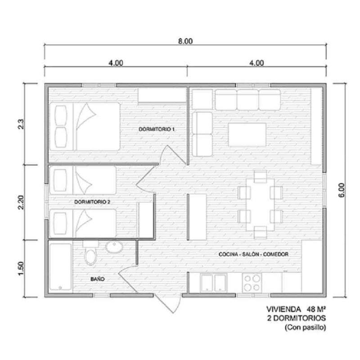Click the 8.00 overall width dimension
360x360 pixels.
[x=185, y=41]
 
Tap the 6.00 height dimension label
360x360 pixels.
[x=342, y=190]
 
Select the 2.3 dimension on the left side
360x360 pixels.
[x=21, y=124]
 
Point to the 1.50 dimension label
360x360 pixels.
[x=21, y=268]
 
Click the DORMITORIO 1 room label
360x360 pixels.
[x=157, y=129]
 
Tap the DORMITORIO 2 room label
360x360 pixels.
[x=92, y=202]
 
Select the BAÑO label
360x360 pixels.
[x=98, y=279]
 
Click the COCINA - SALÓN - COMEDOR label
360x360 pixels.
[x=253, y=254]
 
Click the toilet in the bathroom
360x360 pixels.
[x=90, y=252]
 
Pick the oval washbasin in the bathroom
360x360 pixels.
[x=114, y=247]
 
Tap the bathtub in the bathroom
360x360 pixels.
[x=61, y=267]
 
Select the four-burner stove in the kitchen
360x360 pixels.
[x=252, y=283]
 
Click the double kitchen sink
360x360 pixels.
[x=213, y=283]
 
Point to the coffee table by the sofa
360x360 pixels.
[x=247, y=135]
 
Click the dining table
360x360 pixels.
[x=260, y=205]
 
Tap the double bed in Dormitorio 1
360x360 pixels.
[x=85, y=126]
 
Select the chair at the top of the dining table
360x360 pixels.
[x=261, y=176]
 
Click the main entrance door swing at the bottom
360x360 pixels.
[x=168, y=303]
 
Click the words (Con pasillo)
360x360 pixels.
[x=306, y=327]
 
